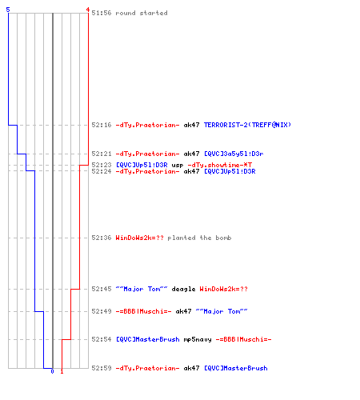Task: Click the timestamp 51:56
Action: pos(102,13)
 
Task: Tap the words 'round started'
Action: pos(142,13)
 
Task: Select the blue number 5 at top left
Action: pos(8,10)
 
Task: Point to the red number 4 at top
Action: pos(88,10)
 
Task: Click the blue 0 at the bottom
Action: pos(52,371)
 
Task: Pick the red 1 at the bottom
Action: pos(62,371)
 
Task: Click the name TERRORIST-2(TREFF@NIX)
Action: pos(247,125)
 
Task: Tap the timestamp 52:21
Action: pos(102,154)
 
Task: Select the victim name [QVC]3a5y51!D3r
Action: pos(234,154)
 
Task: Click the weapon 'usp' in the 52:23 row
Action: pos(178,166)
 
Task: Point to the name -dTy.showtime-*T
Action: pos(219,165)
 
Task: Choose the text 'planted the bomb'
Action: pos(199,238)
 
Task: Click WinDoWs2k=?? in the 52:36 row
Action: pos(139,238)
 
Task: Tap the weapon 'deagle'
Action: pos(183,289)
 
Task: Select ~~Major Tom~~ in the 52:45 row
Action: pos(142,289)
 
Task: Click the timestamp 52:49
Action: pos(102,311)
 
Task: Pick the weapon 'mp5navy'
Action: pos(198,340)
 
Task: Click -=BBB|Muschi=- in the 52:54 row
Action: pos(243,339)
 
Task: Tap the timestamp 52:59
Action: pos(102,368)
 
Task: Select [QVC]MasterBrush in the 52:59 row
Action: pos(236,368)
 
